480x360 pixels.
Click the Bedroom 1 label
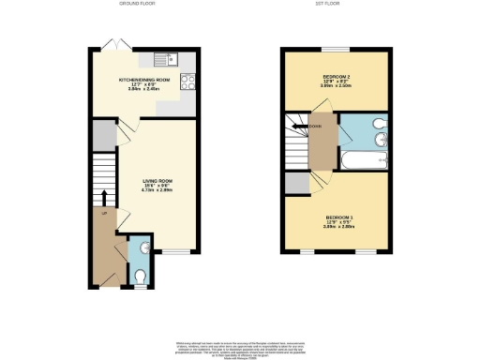338,220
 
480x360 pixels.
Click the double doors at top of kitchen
111,43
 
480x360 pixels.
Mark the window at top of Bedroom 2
335,48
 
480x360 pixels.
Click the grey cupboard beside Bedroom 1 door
297,182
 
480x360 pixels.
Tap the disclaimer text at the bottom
240,347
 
